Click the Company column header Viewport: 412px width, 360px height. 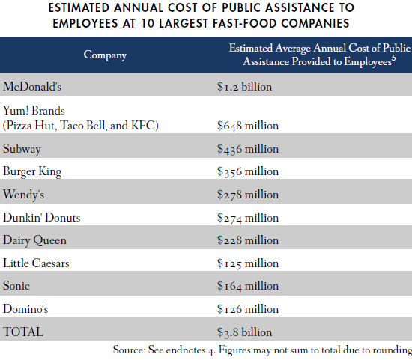pos(105,55)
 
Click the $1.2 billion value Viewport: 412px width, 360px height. pos(243,86)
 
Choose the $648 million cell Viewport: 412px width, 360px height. pos(247,124)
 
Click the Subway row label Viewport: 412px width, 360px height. pos(23,148)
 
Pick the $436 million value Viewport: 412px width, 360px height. pos(247,148)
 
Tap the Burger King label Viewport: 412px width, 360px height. pos(32,171)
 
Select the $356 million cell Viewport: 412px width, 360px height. pos(247,171)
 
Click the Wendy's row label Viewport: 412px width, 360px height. pos(25,195)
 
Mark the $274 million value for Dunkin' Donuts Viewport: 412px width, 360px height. pos(247,218)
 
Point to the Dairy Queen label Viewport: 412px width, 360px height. pos(34,240)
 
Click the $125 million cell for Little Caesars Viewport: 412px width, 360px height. pos(247,263)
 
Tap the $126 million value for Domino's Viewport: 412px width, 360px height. pos(247,309)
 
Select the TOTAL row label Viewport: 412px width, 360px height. pos(23,332)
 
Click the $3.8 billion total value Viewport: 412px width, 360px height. pos(244,332)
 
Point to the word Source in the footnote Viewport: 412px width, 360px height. pos(128,349)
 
